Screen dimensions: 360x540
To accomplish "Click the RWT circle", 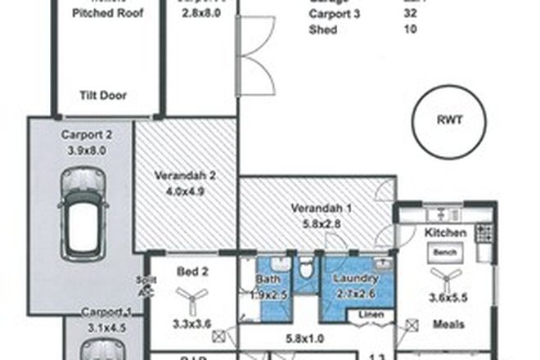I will coord(449,119).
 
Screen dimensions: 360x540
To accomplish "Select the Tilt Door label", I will coord(104,95).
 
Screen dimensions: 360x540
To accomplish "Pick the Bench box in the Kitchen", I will coord(445,252).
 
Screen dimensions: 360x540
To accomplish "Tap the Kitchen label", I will coord(445,233).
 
